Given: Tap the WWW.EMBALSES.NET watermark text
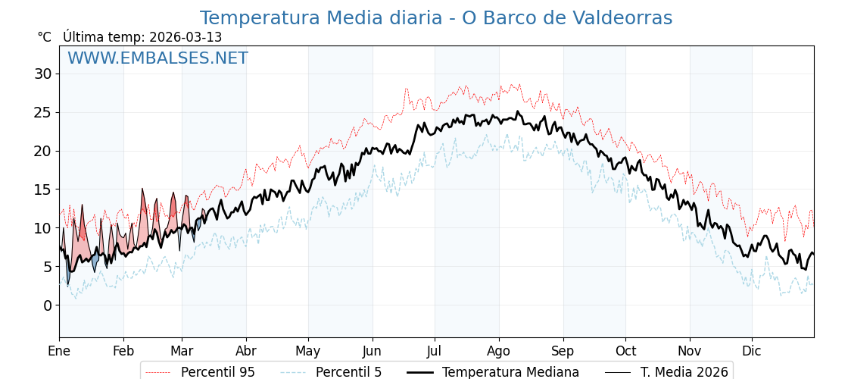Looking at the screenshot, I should (x=157, y=58).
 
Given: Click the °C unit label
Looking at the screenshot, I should (x=45, y=37).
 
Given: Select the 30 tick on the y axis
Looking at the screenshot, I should (x=42, y=74).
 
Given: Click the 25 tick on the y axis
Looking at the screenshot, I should (x=42, y=113).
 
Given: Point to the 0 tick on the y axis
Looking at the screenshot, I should (x=47, y=305).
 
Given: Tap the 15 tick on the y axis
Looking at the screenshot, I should (x=42, y=189).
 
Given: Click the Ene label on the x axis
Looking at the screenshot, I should (x=59, y=351).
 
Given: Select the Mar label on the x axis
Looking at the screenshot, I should (x=182, y=351).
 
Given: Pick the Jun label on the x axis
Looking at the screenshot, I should (x=373, y=351).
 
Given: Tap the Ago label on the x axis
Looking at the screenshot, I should (x=499, y=351).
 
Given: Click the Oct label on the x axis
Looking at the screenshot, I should (x=625, y=351).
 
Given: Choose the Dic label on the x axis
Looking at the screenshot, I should (x=752, y=351).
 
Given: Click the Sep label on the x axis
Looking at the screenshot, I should (x=563, y=351).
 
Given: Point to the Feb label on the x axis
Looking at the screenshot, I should (x=123, y=351).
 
